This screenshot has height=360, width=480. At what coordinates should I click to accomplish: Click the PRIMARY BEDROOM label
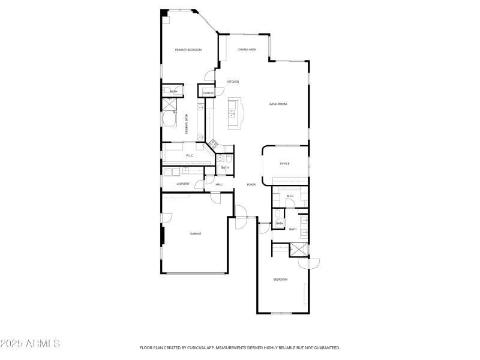pyautogui.click(x=188, y=50)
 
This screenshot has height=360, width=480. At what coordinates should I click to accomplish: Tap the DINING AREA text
pyautogui.click(x=247, y=50)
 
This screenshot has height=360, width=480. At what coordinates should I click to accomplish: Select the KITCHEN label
pyautogui.click(x=233, y=82)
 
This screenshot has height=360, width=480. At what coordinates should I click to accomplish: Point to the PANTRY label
pyautogui.click(x=208, y=93)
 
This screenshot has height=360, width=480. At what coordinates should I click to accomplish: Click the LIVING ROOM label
pyautogui.click(x=278, y=104)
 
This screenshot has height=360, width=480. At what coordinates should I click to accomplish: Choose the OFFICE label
pyautogui.click(x=285, y=163)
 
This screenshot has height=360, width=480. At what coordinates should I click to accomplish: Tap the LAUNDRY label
pyautogui.click(x=183, y=184)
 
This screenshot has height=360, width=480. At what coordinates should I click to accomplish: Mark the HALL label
pyautogui.click(x=219, y=184)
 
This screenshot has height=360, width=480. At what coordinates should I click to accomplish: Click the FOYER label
pyautogui.click(x=251, y=184)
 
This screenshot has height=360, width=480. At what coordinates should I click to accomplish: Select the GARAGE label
pyautogui.click(x=196, y=233)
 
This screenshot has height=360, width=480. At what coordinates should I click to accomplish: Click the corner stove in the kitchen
pyautogui.click(x=212, y=143)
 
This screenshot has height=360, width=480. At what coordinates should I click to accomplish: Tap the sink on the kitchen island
pyautogui.click(x=232, y=112)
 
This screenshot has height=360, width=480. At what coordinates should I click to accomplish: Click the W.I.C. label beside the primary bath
pyautogui.click(x=190, y=156)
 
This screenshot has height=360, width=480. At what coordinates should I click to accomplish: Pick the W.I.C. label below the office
pyautogui.click(x=290, y=196)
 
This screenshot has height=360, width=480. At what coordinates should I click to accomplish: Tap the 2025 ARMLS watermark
pyautogui.click(x=30, y=344)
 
